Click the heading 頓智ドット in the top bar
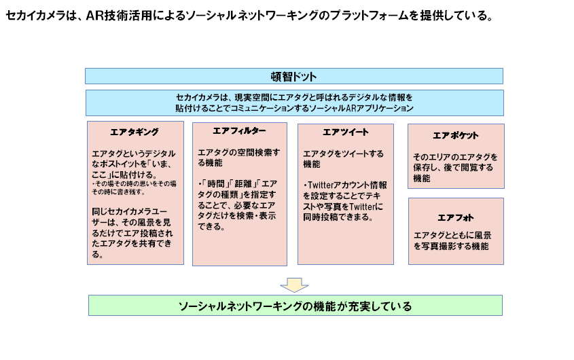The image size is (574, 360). click(293, 77)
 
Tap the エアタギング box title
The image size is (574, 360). click(134, 132)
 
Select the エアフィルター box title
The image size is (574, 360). click(239, 130)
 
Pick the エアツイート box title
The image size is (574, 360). click(346, 132)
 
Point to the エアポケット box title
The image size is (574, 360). click(456, 135)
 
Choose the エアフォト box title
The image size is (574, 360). click(456, 218)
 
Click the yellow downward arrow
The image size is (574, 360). click(294, 285)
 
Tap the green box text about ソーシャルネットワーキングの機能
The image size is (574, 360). click(295, 306)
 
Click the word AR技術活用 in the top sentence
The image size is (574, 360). click(119, 16)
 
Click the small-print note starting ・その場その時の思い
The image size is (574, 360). click(134, 187)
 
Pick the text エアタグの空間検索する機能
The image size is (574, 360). click(238, 158)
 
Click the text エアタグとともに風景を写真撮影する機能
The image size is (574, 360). click(452, 240)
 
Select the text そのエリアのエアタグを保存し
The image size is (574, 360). click(455, 162)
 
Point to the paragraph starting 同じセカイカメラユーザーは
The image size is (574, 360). click(132, 233)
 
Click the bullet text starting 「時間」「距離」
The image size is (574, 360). click(237, 205)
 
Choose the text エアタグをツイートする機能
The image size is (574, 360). click(343, 159)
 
